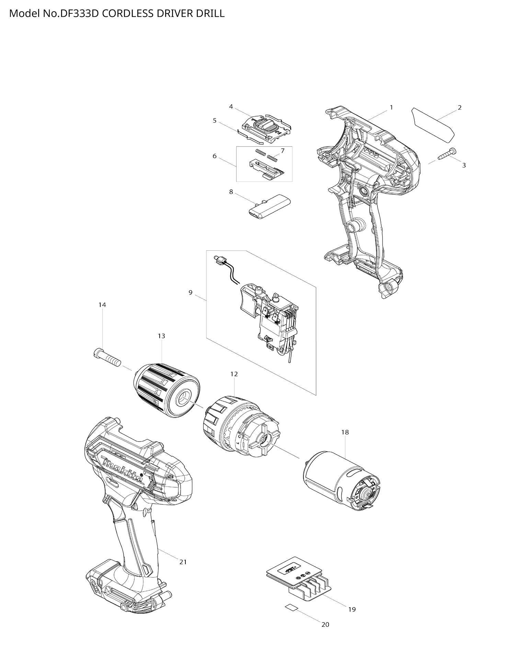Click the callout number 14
[x=102, y=305]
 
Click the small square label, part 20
[x=291, y=607]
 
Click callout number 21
[x=183, y=562]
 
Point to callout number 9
[x=190, y=292]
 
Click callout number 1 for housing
[x=391, y=107]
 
